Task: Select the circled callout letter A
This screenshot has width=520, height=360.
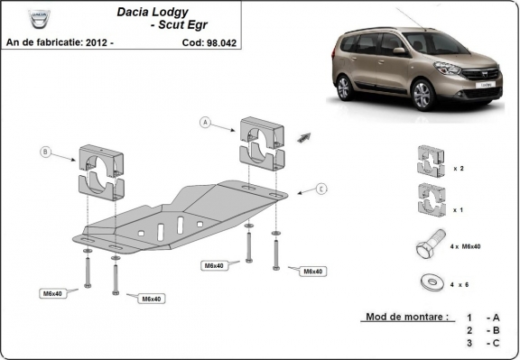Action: pyautogui.click(x=205, y=122)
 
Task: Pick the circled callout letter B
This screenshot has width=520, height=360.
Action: pyautogui.click(x=44, y=152)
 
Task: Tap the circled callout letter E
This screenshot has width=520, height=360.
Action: pyautogui.click(x=320, y=189)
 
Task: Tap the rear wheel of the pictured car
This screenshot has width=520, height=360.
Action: pyautogui.click(x=343, y=88)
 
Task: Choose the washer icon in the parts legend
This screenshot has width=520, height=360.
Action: pyautogui.click(x=427, y=282)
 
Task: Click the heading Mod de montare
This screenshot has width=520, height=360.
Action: pyautogui.click(x=405, y=317)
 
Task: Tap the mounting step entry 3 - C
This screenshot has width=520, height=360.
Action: pyautogui.click(x=483, y=344)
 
